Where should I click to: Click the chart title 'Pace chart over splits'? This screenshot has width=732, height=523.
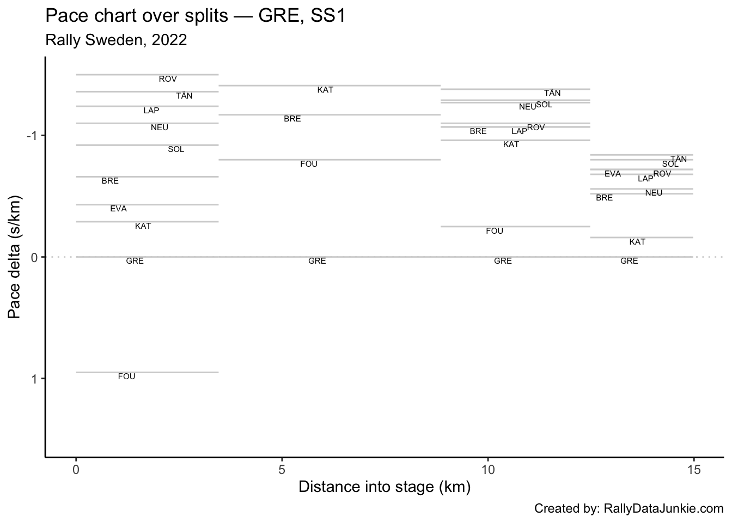pyautogui.click(x=195, y=16)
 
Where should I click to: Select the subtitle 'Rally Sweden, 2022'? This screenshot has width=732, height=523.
pyautogui.click(x=116, y=40)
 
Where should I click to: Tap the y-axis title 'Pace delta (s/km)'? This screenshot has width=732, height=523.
pyautogui.click(x=15, y=257)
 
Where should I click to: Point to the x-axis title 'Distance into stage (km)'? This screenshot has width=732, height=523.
pyautogui.click(x=384, y=486)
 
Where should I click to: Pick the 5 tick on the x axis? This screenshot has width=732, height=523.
pyautogui.click(x=282, y=469)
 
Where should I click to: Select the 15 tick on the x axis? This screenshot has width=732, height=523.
pyautogui.click(x=693, y=469)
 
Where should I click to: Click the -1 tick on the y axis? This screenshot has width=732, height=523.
pyautogui.click(x=31, y=135)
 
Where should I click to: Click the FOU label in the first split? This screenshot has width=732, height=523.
pyautogui.click(x=126, y=376)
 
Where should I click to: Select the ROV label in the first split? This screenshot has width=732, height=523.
pyautogui.click(x=168, y=79)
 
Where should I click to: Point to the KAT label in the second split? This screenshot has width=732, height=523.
pyautogui.click(x=325, y=90)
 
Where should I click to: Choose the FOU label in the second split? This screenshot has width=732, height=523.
pyautogui.click(x=309, y=164)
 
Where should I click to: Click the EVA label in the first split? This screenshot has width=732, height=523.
pyautogui.click(x=118, y=209)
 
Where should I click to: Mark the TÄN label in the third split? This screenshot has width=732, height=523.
pyautogui.click(x=552, y=93)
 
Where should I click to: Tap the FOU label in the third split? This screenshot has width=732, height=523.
pyautogui.click(x=495, y=231)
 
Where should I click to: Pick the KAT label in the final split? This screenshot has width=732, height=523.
pyautogui.click(x=637, y=242)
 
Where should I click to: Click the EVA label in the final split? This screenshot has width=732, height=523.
pyautogui.click(x=613, y=174)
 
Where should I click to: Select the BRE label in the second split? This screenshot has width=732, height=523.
pyautogui.click(x=292, y=119)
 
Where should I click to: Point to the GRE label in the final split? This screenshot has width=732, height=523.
pyautogui.click(x=629, y=261)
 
